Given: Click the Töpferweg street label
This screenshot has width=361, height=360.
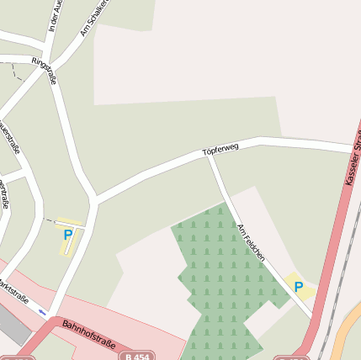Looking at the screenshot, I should click(x=221, y=150).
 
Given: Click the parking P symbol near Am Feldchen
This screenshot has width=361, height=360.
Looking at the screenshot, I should click(x=298, y=287).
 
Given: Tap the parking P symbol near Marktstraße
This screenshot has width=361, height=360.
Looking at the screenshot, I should click(x=67, y=236).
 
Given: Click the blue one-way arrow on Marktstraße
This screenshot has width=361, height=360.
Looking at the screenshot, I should click(x=43, y=312).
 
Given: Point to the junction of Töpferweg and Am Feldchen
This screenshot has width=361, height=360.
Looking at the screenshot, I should click(x=210, y=156).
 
